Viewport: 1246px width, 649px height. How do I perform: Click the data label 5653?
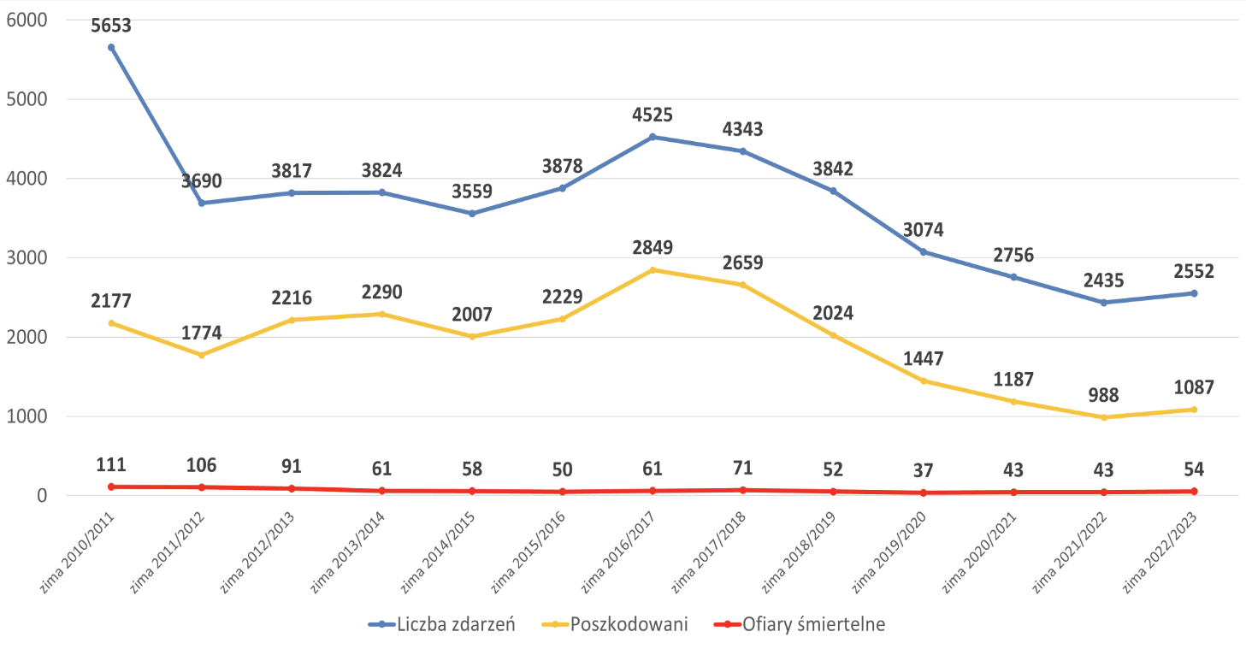coord(111,26)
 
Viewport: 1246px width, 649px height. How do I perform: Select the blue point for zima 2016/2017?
coord(653,137)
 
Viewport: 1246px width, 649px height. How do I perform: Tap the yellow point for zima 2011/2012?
coord(202,355)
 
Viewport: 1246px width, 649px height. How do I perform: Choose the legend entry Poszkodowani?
coord(615,624)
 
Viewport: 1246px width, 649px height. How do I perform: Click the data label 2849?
coord(653,248)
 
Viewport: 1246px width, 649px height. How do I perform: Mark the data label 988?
coord(1104,395)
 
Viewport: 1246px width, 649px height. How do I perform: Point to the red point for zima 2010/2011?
coord(111,487)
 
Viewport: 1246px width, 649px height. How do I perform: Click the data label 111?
coord(111,465)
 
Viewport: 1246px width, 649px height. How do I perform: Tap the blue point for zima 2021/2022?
coord(1104,303)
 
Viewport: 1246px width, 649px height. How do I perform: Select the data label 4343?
coord(742,130)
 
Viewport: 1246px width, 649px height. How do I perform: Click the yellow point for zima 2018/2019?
coord(833,335)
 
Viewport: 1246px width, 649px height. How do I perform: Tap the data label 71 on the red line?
coord(742,469)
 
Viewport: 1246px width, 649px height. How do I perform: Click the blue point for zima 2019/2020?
coord(924,251)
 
